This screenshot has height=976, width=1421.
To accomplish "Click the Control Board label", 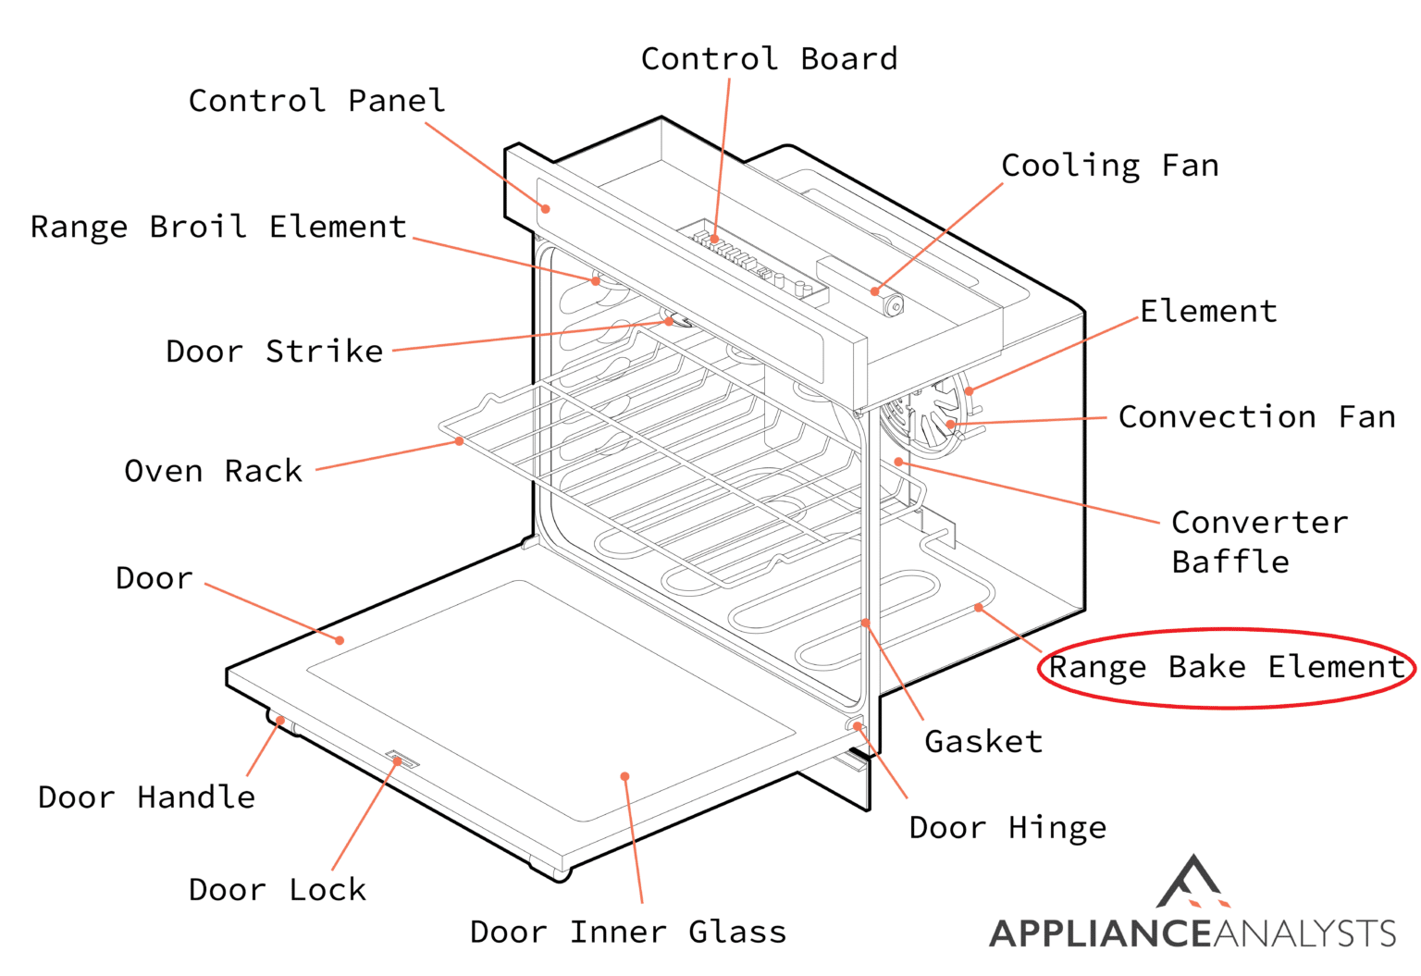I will tap(769, 59).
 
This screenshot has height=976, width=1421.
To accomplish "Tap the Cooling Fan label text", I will tap(1109, 166).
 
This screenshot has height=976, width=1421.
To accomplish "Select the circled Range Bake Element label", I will tap(1226, 667).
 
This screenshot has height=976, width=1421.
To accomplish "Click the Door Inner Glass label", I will tap(628, 932).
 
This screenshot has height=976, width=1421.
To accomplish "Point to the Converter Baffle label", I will tap(1258, 542).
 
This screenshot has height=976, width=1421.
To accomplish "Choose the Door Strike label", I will tap(274, 352).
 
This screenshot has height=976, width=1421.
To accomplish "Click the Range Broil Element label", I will tap(218, 227).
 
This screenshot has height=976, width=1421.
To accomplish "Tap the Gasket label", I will tap(983, 741).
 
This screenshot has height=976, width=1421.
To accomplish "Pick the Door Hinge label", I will tap(1007, 827).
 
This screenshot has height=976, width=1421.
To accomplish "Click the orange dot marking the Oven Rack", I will tap(459, 441).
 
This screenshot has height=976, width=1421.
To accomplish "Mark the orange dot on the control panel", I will tap(546, 209).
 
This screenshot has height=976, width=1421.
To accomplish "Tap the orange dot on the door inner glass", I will tap(625, 776).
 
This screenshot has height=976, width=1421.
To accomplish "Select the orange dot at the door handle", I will tap(280, 721).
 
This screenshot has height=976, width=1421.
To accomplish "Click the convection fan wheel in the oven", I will tap(925, 421).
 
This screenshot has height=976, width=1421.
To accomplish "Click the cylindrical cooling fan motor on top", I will tap(892, 305).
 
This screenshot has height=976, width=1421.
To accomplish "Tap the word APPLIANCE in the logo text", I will tap(1099, 933).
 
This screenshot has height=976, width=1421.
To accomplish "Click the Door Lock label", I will tap(277, 889).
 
